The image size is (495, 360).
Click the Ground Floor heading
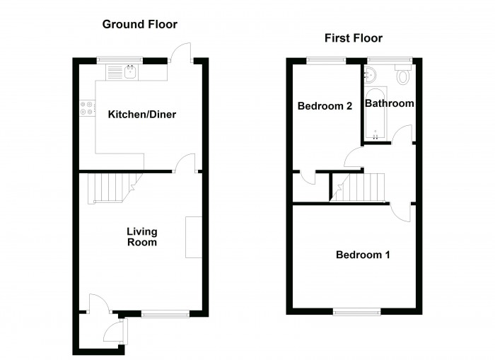140,24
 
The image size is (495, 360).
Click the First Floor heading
354,38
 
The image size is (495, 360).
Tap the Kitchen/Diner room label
142,114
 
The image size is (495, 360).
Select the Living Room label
142,237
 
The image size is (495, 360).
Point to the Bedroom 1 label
362,255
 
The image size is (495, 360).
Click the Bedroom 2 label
325,107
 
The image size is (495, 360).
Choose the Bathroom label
389,103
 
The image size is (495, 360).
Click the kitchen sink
131,71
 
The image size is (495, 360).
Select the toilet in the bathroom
403,74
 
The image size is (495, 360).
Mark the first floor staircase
361,187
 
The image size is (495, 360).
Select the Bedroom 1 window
356,310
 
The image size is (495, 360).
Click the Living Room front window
165,312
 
